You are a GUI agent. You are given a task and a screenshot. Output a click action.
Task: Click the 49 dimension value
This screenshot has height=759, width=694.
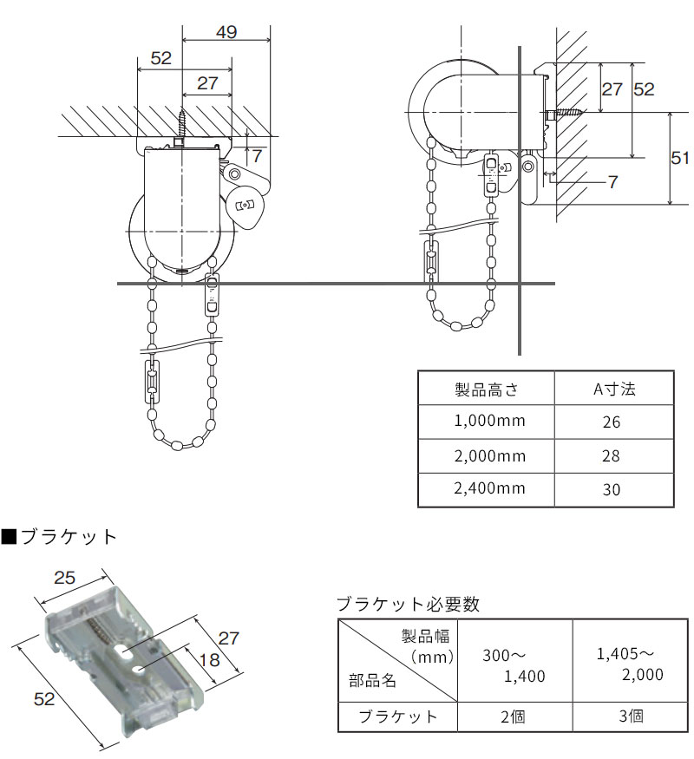click(226, 33)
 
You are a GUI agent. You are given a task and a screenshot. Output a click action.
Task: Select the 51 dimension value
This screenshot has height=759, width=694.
click(681, 157)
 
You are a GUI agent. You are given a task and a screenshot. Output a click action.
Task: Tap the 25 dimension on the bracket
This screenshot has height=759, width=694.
click(66, 578)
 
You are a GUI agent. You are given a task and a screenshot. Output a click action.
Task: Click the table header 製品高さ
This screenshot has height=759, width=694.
click(486, 389)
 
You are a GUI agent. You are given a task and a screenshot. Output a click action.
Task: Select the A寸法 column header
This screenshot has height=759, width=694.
click(614, 389)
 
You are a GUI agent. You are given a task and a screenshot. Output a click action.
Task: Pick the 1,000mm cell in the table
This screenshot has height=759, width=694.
click(486, 422)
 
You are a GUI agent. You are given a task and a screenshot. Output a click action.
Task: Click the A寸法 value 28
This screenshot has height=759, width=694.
click(612, 456)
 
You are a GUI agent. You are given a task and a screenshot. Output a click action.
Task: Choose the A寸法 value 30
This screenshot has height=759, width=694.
click(612, 489)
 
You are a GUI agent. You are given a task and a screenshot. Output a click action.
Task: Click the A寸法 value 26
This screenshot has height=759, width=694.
click(612, 423)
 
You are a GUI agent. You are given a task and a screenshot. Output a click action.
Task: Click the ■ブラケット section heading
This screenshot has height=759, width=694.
click(59, 536)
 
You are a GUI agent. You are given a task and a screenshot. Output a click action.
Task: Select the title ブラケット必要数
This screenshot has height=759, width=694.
click(407, 604)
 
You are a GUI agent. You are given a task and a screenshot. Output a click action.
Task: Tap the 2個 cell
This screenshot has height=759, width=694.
click(515, 716)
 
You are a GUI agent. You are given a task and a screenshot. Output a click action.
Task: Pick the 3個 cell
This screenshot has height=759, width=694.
click(632, 716)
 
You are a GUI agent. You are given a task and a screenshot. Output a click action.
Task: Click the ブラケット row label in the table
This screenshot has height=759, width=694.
click(398, 716)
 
